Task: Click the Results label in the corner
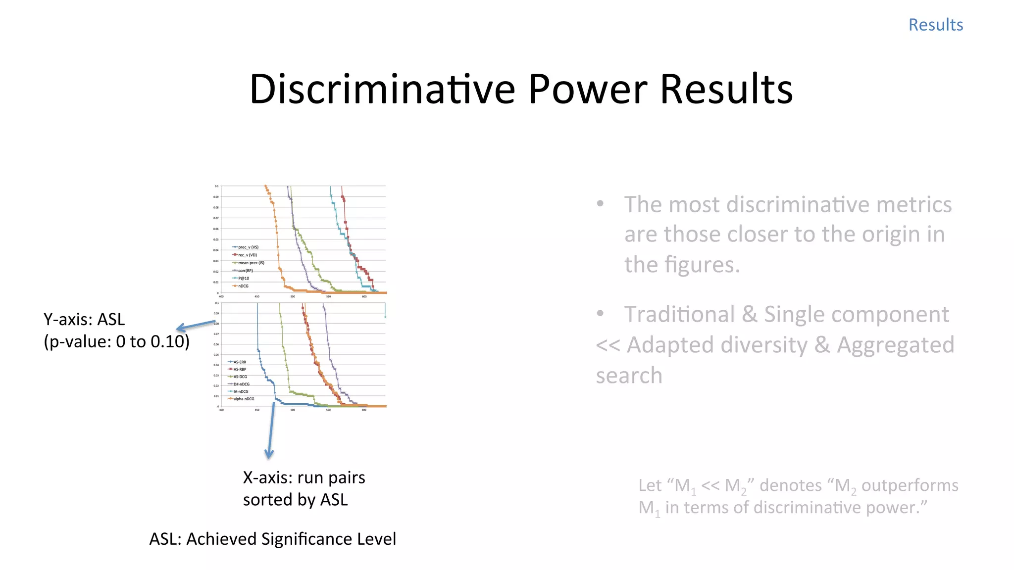point(935,25)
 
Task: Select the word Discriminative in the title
point(382,89)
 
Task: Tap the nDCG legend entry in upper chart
point(243,286)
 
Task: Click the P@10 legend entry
point(243,278)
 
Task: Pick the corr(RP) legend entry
point(245,271)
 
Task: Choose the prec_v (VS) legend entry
point(248,247)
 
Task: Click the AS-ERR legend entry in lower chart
point(239,362)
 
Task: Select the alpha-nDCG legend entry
point(244,399)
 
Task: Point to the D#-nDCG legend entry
point(241,384)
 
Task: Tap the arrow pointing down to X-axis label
point(270,430)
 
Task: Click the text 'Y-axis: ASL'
point(84,320)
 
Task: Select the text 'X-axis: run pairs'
point(304,477)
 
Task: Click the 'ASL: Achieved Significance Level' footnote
point(272,539)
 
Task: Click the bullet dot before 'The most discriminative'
point(601,204)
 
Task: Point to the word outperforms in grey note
point(910,485)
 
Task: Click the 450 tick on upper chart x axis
point(257,296)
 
